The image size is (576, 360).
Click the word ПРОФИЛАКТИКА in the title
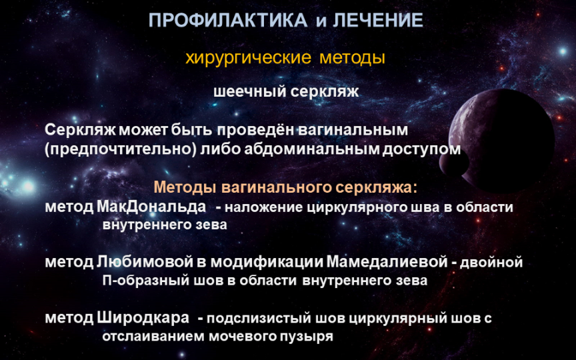[x=228, y=20]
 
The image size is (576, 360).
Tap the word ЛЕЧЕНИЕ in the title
[x=378, y=20]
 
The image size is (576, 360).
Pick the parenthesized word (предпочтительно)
[x=121, y=149]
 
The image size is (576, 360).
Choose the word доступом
[x=421, y=150]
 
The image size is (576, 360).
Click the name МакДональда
[x=151, y=207]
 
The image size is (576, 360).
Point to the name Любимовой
[x=145, y=262]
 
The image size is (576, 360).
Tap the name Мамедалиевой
[x=387, y=262]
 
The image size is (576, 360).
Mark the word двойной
[x=491, y=263]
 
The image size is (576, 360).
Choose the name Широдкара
[x=143, y=318]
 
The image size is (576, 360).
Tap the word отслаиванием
[x=154, y=337]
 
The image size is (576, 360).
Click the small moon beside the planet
[x=454, y=161]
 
